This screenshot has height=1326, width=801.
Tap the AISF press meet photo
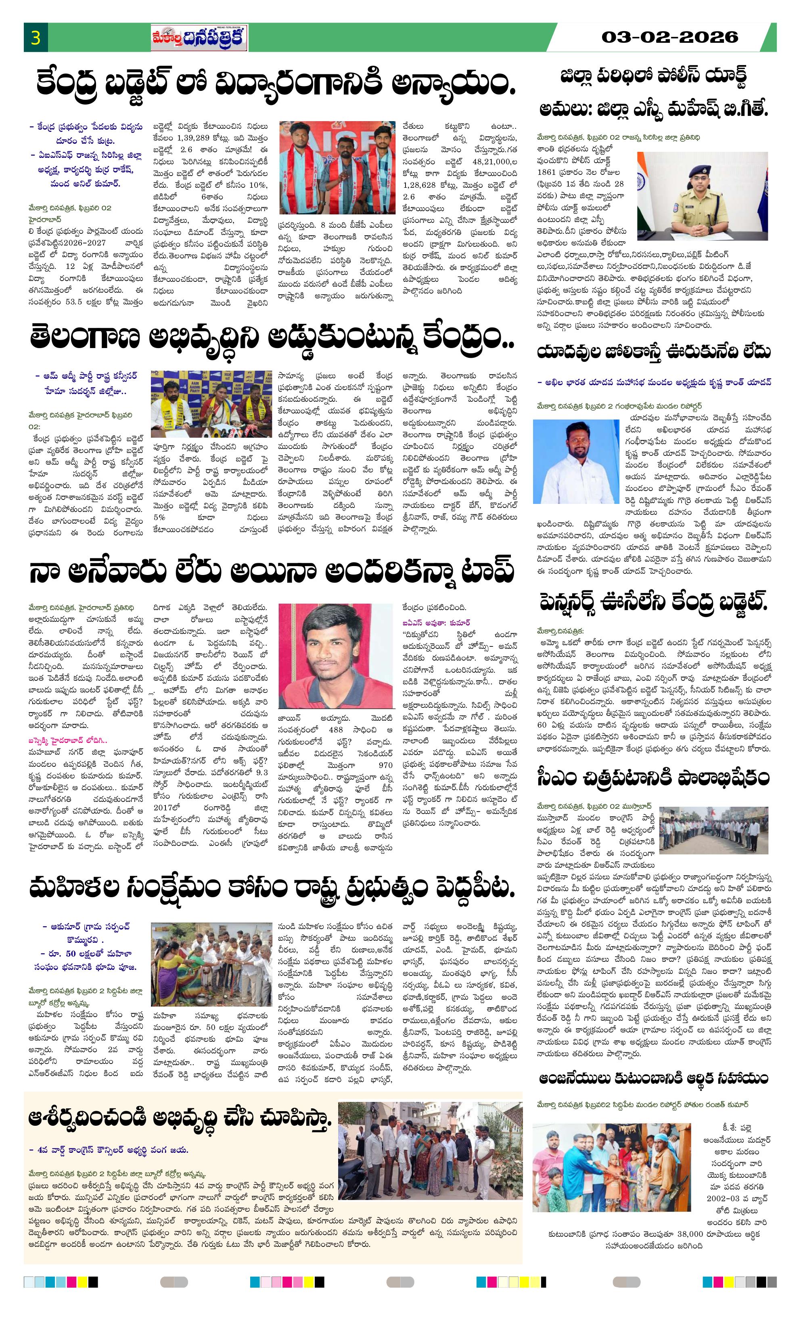point(337,167)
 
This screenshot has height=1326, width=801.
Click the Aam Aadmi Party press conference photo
point(211,404)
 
